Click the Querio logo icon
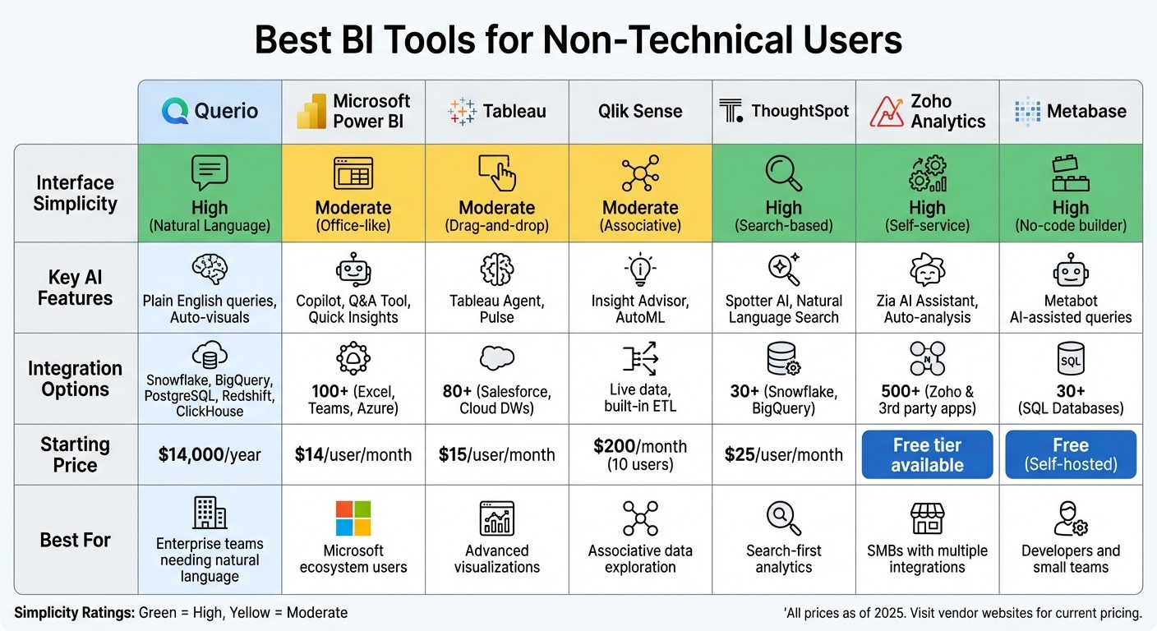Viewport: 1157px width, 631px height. (x=175, y=111)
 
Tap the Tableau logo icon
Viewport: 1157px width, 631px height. (x=462, y=111)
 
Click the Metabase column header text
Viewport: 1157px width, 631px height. (x=1086, y=111)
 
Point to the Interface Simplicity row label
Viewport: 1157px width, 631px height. (x=75, y=193)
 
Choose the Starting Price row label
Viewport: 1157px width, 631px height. (x=75, y=454)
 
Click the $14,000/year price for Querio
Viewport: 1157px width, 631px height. (x=210, y=454)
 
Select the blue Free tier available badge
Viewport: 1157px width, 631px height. (x=927, y=454)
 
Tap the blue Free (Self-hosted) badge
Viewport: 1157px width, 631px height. (x=1070, y=454)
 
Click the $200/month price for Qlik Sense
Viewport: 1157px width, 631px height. (x=639, y=446)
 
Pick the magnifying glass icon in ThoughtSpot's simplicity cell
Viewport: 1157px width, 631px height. (x=783, y=173)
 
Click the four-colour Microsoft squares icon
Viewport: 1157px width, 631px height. (x=353, y=518)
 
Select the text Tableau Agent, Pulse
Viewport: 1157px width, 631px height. (x=496, y=309)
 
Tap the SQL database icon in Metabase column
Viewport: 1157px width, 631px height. (x=1070, y=359)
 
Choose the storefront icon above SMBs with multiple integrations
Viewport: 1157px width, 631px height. (x=927, y=518)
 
